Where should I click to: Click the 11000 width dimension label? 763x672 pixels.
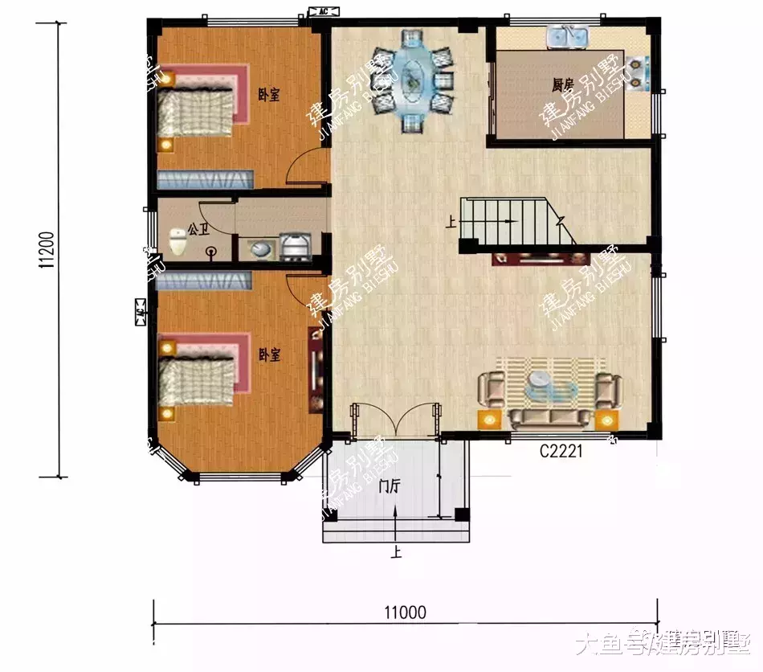click(x=404, y=613)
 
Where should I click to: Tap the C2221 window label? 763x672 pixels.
click(x=561, y=452)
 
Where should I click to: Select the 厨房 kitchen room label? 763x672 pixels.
click(x=561, y=84)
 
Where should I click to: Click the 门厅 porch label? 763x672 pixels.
click(x=392, y=487)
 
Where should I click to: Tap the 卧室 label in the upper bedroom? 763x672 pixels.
click(x=269, y=95)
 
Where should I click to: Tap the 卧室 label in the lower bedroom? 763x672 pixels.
click(x=269, y=354)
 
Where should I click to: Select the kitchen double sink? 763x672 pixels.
click(x=569, y=37)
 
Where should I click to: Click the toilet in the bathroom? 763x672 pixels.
click(x=177, y=240)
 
